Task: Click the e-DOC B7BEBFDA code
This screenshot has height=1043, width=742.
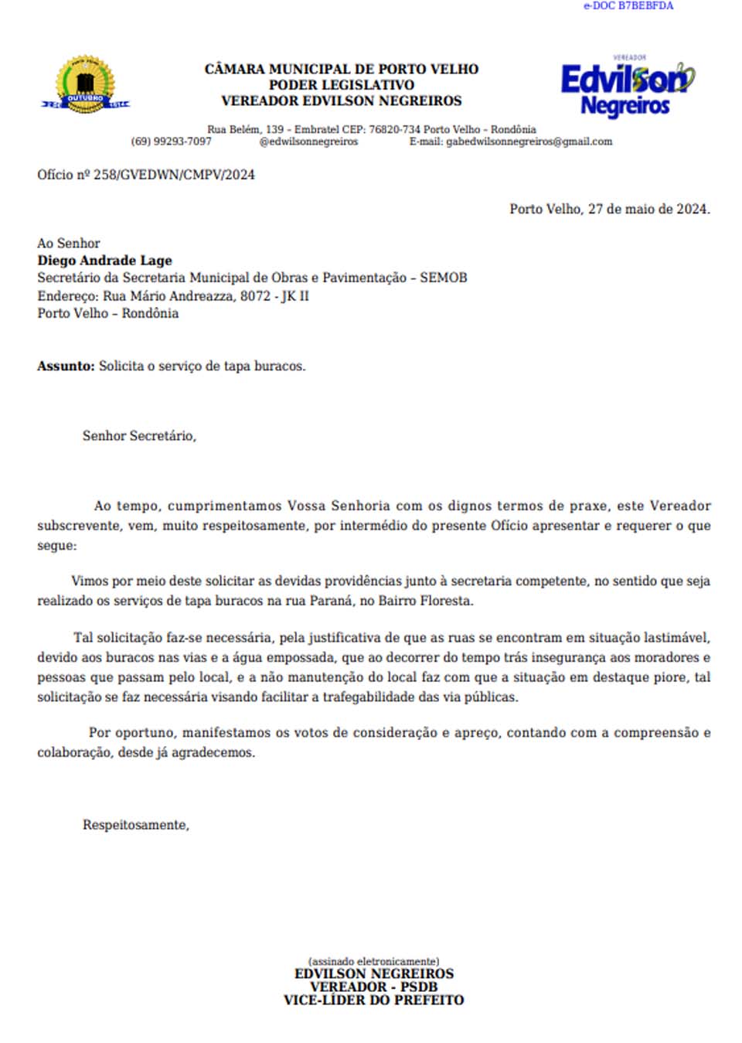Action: click(x=628, y=6)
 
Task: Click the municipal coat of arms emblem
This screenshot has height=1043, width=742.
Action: click(x=85, y=85)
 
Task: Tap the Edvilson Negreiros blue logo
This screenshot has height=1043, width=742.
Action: click(x=627, y=87)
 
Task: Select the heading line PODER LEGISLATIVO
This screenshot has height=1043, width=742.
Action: click(x=341, y=85)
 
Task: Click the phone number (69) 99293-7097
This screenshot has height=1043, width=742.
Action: click(x=171, y=141)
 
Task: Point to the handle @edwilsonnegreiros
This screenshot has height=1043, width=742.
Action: click(x=308, y=141)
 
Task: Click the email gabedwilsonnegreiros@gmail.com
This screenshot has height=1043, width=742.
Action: click(x=529, y=141)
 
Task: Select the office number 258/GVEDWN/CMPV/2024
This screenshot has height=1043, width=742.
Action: click(x=174, y=175)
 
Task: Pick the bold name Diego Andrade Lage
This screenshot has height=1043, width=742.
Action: click(x=104, y=261)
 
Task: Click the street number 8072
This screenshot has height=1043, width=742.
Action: click(x=255, y=295)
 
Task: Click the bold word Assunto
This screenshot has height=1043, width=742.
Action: click(x=66, y=366)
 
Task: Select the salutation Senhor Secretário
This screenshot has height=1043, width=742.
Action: click(x=139, y=436)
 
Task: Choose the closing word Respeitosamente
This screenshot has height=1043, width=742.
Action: click(x=135, y=825)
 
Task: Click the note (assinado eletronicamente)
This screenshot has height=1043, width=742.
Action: click(x=373, y=961)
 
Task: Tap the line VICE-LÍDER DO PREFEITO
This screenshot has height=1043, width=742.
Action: click(x=373, y=1000)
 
